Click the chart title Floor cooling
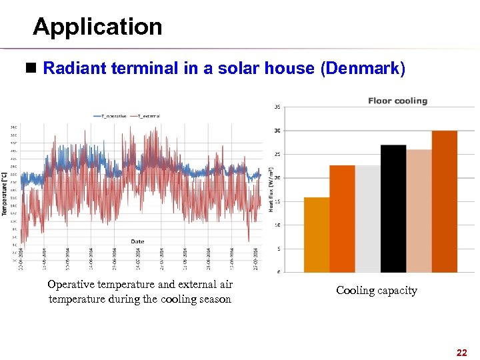pyautogui.click(x=397, y=101)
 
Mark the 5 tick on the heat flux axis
pyautogui.click(x=277, y=249)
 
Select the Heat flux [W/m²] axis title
pyautogui.click(x=271, y=189)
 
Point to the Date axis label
pyautogui.click(x=137, y=241)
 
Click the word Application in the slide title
pyautogui.click(x=97, y=27)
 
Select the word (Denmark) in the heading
pyautogui.click(x=363, y=69)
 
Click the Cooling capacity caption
pyautogui.click(x=376, y=291)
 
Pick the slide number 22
pyautogui.click(x=461, y=352)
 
